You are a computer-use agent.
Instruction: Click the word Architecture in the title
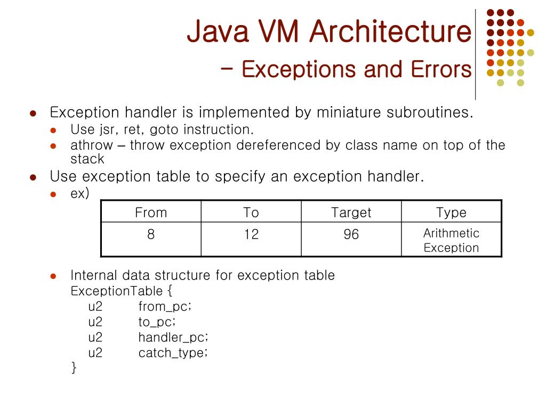click(390, 32)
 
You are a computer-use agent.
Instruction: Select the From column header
click(151, 212)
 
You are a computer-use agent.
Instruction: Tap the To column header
click(251, 212)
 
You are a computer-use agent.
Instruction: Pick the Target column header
click(351, 212)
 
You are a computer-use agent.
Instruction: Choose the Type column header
click(451, 212)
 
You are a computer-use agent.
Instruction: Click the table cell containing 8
click(151, 234)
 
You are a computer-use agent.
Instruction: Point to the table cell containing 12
click(251, 234)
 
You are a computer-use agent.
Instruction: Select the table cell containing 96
click(351, 234)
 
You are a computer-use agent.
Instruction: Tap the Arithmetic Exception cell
click(451, 240)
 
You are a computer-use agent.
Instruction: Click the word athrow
click(92, 145)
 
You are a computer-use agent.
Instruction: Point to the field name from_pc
click(164, 307)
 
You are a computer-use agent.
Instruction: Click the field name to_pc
click(157, 322)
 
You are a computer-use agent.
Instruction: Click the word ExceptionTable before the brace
click(116, 291)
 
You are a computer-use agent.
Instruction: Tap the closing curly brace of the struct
click(74, 367)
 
